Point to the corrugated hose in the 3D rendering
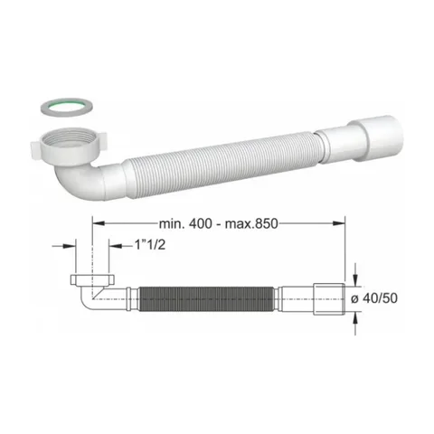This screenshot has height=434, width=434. [220, 165]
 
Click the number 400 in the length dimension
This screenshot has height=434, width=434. [201, 223]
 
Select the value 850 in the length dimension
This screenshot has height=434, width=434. [266, 223]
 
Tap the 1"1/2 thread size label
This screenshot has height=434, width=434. [150, 245]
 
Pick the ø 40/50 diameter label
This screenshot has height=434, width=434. [374, 298]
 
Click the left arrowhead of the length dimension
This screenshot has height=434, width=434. [99, 223]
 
